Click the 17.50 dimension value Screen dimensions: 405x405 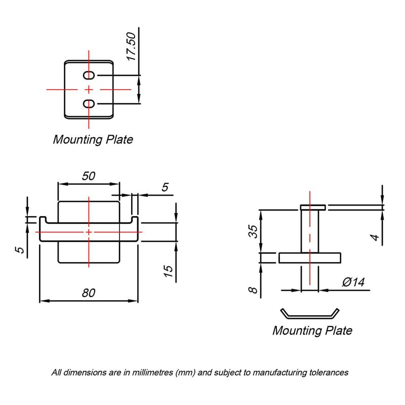click(131, 47)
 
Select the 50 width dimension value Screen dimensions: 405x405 click(89, 176)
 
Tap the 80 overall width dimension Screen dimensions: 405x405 click(89, 293)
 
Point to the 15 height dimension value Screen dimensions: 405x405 click(168, 271)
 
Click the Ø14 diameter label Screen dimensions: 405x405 click(353, 282)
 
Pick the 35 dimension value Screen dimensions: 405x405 click(253, 231)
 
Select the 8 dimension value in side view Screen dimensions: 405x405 click(253, 290)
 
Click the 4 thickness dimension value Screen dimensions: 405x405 click(375, 237)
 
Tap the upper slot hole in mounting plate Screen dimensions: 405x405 click(89, 75)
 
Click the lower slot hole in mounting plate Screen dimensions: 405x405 click(89, 104)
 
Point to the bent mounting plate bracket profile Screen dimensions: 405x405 click(310, 316)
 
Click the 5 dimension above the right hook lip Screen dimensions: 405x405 click(165, 187)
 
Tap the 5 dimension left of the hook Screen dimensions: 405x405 click(20, 250)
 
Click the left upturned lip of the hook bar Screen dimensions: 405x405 click(43, 220)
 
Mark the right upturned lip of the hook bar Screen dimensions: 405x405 click(135, 220)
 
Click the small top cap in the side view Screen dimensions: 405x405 click(313, 208)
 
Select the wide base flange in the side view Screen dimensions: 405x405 click(310, 258)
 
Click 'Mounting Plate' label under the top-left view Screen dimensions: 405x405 click(93, 140)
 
